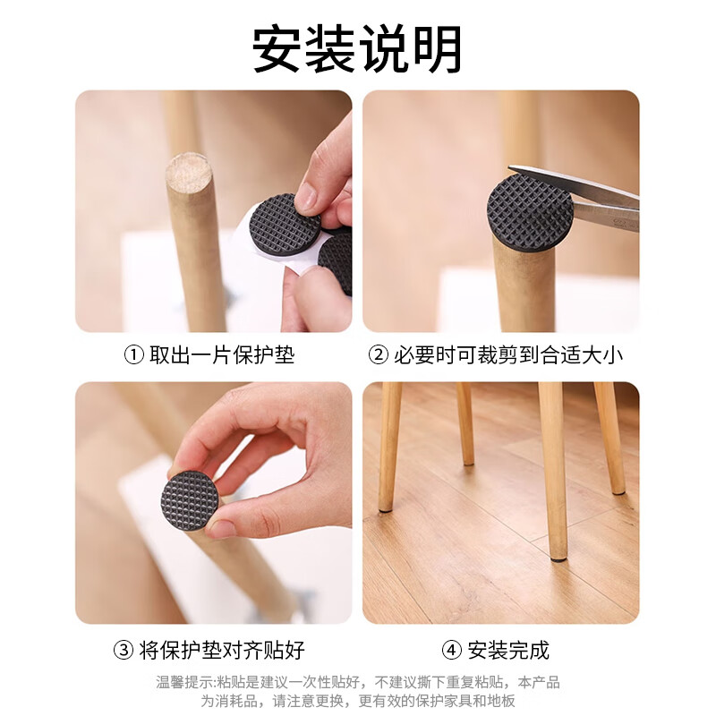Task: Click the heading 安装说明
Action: click(x=357, y=49)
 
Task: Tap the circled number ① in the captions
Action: click(x=133, y=355)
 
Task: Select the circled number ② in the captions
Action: click(x=379, y=355)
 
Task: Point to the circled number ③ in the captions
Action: click(x=123, y=650)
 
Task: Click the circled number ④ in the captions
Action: click(x=452, y=650)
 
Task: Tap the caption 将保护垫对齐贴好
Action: click(x=222, y=650)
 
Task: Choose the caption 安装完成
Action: click(x=507, y=650)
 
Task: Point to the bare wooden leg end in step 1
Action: click(x=188, y=168)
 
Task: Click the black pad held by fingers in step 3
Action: click(x=190, y=500)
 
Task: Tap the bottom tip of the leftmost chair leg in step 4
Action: click(x=386, y=508)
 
